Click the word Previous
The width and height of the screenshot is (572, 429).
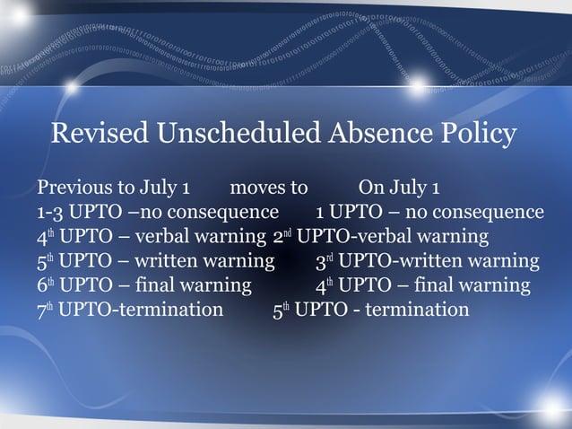coord(74,189)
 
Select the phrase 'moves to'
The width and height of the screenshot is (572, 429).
coord(269,189)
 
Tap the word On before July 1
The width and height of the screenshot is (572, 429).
coord(372,189)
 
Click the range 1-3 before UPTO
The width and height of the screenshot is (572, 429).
coord(52,214)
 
